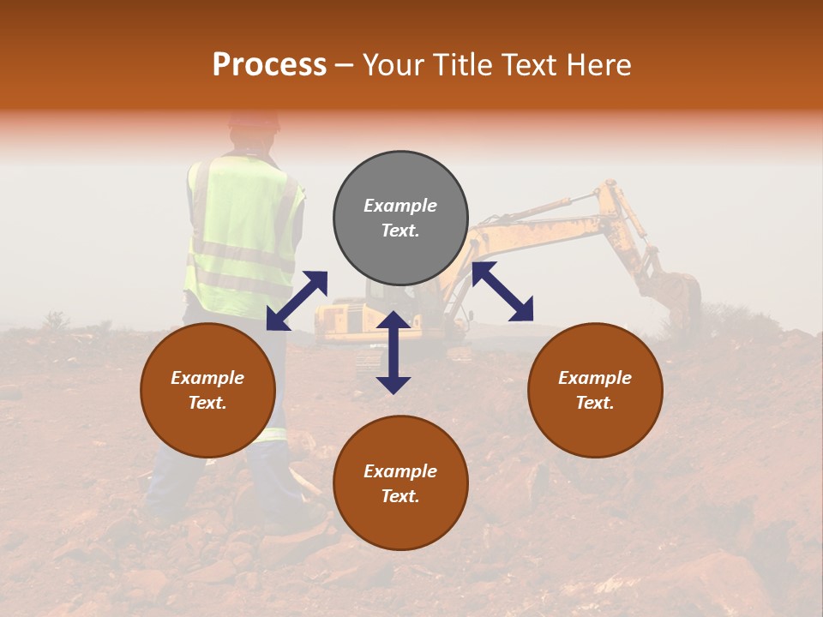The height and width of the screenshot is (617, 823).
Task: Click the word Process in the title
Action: pyautogui.click(x=269, y=65)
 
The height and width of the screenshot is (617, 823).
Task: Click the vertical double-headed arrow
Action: pyautogui.click(x=393, y=352)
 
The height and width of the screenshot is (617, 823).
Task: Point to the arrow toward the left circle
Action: pyautogui.click(x=297, y=300)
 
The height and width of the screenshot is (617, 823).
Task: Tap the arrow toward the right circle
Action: pyautogui.click(x=502, y=291)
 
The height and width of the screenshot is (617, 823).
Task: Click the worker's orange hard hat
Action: pyautogui.click(x=254, y=119)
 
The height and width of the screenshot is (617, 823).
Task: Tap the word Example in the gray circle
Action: pyautogui.click(x=400, y=206)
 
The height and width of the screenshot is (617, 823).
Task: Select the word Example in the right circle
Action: pyautogui.click(x=595, y=378)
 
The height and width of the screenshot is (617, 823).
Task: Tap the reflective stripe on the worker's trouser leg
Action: pyautogui.click(x=270, y=434)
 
